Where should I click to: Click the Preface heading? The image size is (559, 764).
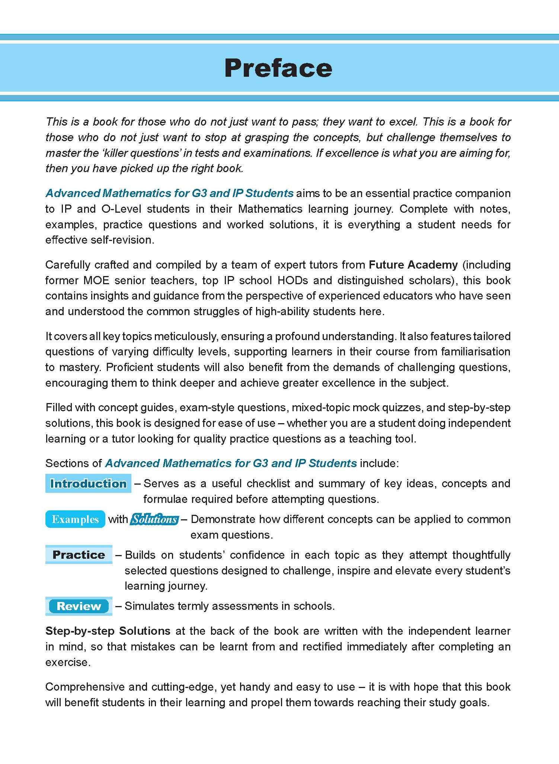coord(278,68)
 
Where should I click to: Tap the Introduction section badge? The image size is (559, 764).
coord(88,484)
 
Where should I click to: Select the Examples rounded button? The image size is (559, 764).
coord(75,519)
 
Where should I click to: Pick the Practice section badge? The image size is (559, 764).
coord(79,555)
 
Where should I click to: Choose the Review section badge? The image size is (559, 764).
coord(79,606)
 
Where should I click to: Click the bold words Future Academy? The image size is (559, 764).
coord(413,265)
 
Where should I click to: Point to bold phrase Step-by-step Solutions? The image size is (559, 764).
coord(108,631)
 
